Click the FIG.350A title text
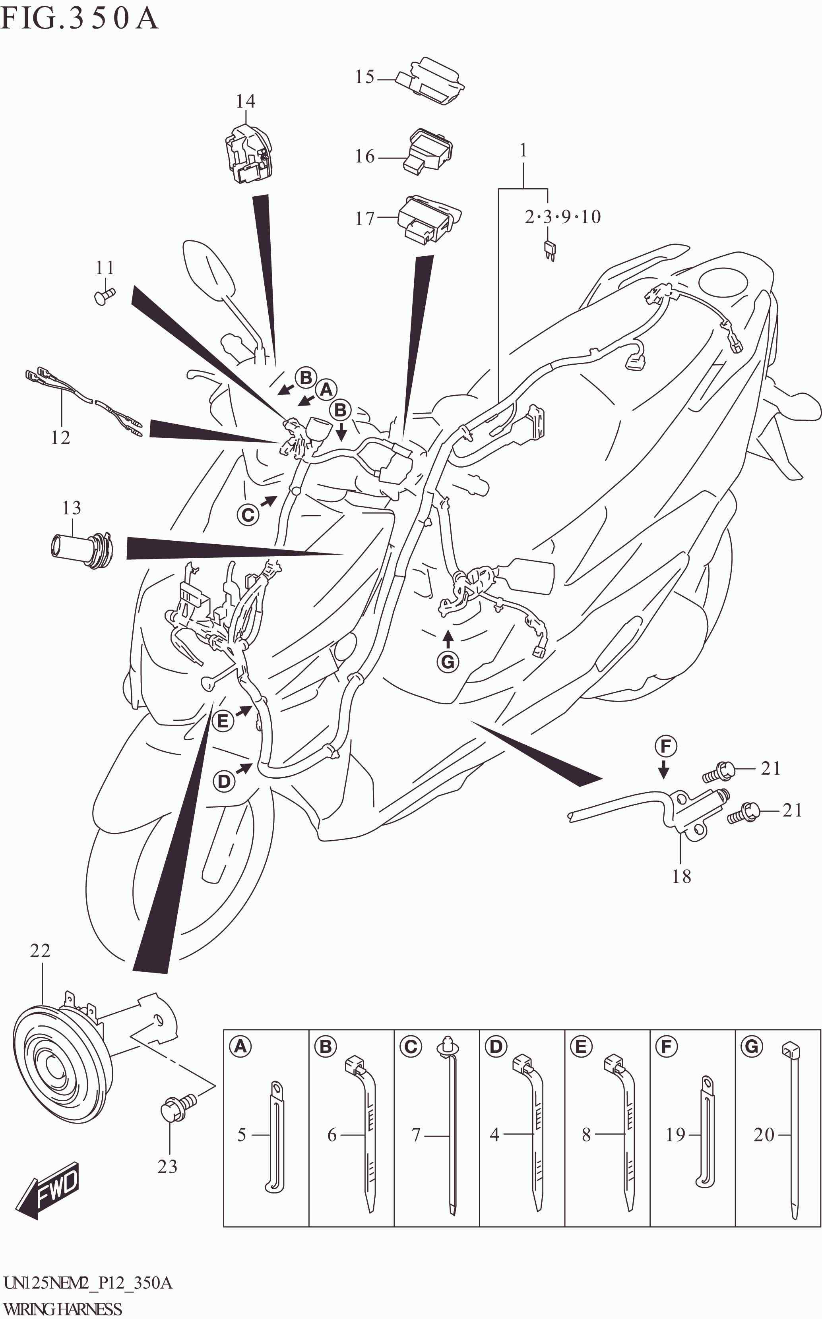[79, 18]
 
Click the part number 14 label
[245, 101]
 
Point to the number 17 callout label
[365, 219]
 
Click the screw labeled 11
[105, 296]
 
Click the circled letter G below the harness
[448, 661]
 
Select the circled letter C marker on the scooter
[248, 514]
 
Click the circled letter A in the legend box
[240, 1046]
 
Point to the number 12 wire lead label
[60, 437]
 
